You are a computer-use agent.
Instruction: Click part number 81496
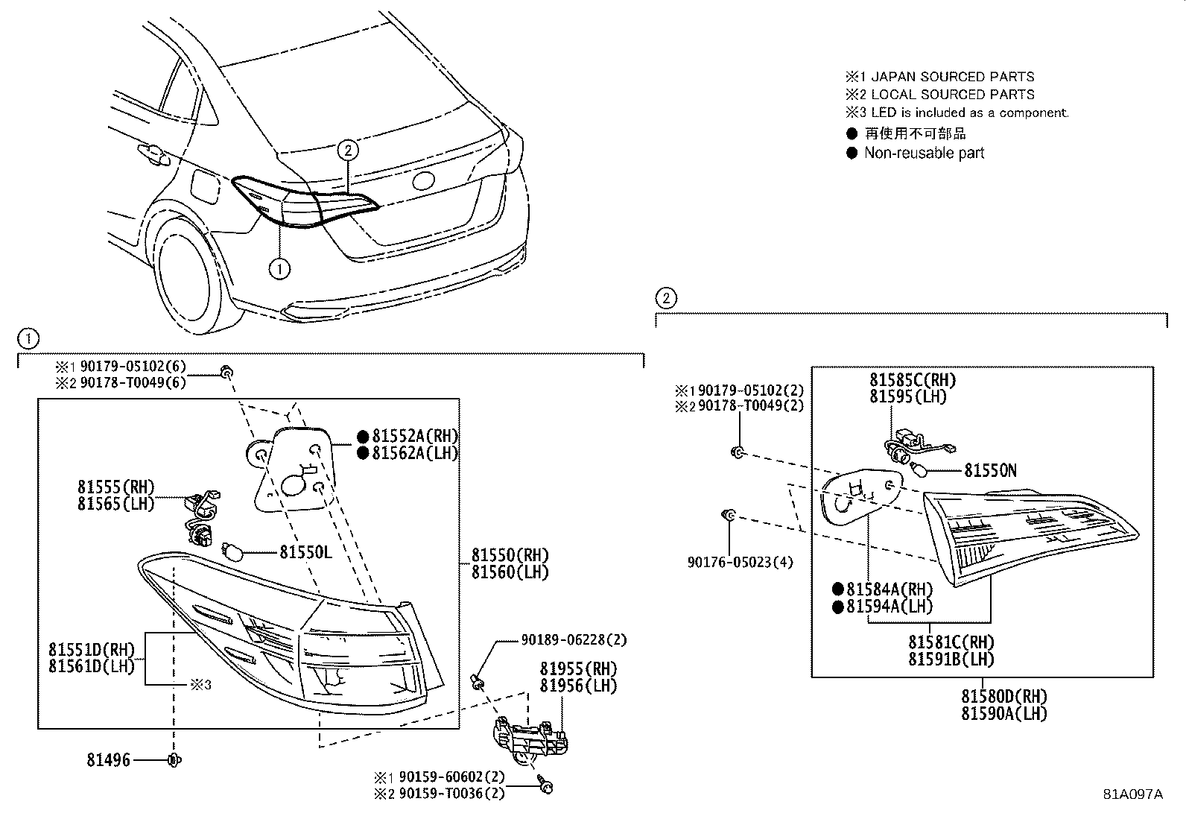pos(109,760)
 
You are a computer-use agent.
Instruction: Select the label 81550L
pos(305,552)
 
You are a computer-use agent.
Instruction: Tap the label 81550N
pos(990,470)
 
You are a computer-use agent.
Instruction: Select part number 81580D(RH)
pos(1003,697)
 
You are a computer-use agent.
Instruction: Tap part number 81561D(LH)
pos(92,666)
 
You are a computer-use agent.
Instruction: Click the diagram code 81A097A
pos(1132,794)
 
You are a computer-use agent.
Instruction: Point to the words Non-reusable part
pos(924,154)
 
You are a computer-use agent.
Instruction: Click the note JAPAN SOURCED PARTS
pos(952,77)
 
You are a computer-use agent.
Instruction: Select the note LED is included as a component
pos(969,113)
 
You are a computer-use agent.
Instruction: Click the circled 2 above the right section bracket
pos(666,299)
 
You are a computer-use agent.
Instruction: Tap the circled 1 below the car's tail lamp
pos(279,269)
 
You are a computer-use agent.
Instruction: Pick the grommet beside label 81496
pos(174,760)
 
